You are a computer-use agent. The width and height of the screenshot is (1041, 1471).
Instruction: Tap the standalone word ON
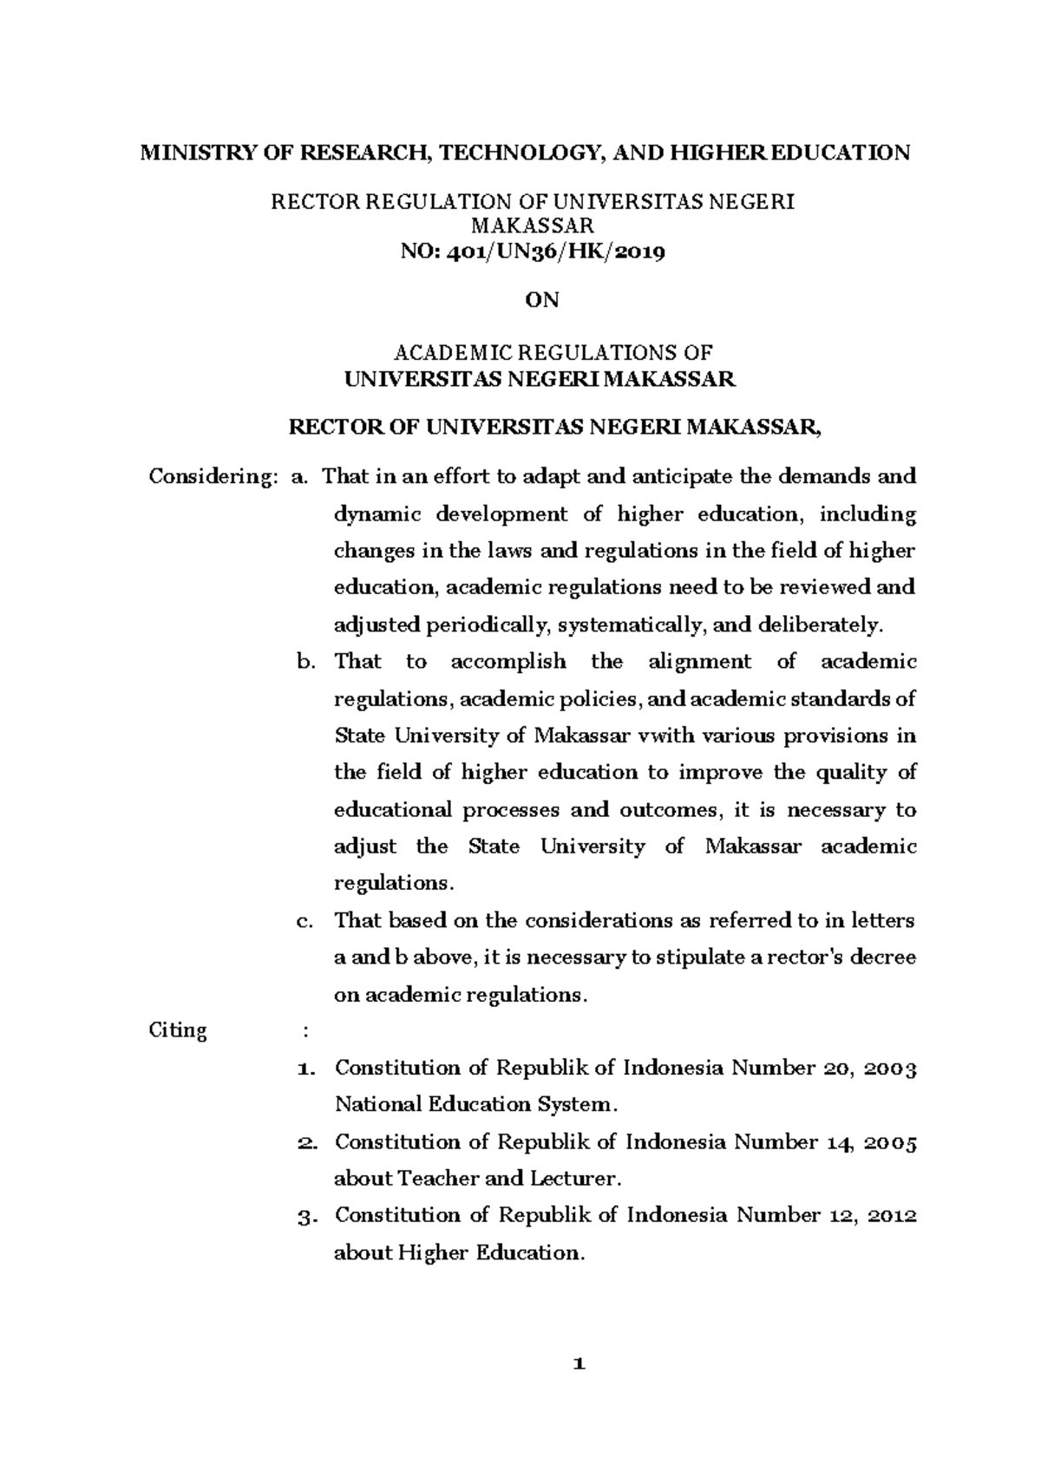pyautogui.click(x=543, y=300)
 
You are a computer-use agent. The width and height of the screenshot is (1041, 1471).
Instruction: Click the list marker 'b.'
pyautogui.click(x=304, y=662)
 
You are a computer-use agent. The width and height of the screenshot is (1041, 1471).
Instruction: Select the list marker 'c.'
pyautogui.click(x=304, y=920)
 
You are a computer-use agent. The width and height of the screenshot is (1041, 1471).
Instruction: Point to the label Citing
pyautogui.click(x=178, y=1031)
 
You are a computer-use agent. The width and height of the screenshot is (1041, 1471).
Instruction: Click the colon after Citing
pyautogui.click(x=304, y=1031)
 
